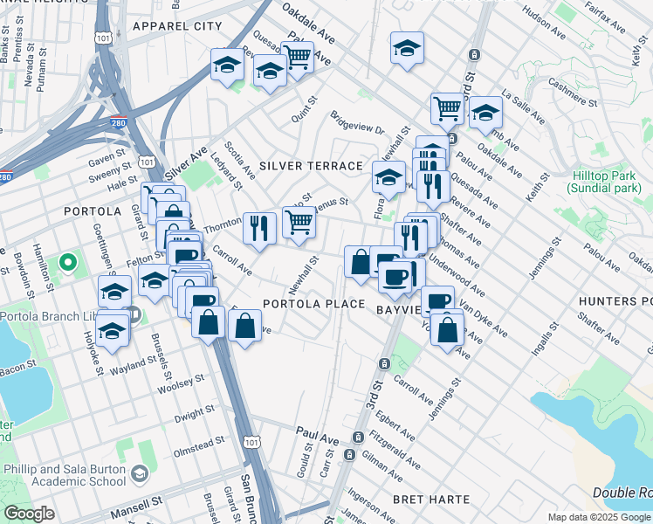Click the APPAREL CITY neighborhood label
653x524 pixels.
click(x=177, y=26)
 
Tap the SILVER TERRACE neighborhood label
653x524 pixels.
click(x=311, y=166)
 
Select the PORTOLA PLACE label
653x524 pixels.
click(x=314, y=304)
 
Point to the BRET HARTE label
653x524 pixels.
click(x=430, y=500)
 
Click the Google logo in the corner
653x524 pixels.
click(x=28, y=514)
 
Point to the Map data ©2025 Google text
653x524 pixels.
click(x=599, y=517)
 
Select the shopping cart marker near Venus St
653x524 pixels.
click(x=299, y=224)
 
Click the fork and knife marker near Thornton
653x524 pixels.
click(x=259, y=228)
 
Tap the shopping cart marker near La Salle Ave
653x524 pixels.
click(x=447, y=109)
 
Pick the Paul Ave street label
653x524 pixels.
click(x=316, y=433)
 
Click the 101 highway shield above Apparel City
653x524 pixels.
click(x=105, y=38)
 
